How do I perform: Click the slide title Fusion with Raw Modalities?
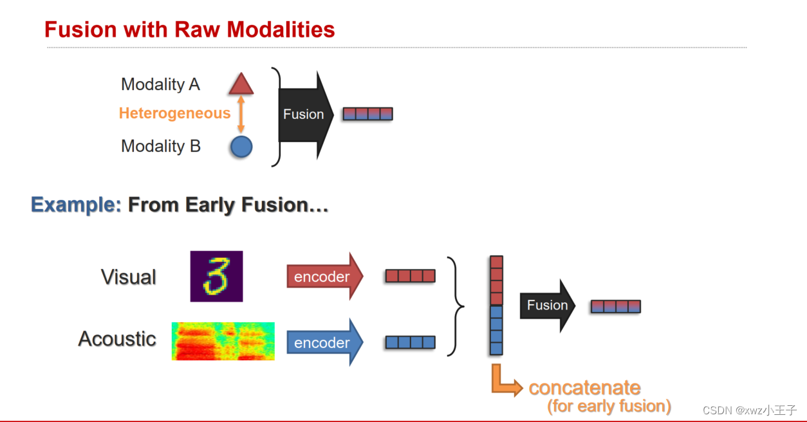click(189, 30)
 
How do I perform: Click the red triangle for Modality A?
click(241, 85)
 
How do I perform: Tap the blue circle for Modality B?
click(241, 147)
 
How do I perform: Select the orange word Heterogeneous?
click(174, 114)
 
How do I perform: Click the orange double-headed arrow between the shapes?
click(241, 115)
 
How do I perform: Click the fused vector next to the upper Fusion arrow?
click(367, 115)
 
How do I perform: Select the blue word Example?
click(76, 205)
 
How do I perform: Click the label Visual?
click(129, 277)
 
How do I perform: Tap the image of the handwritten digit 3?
click(216, 277)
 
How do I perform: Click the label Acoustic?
click(117, 339)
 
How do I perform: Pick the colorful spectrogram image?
click(223, 341)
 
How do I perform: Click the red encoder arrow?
click(324, 277)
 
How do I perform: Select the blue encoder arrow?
click(324, 342)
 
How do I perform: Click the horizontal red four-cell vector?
click(410, 276)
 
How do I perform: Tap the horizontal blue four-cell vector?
click(410, 342)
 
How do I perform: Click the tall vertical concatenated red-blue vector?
click(496, 306)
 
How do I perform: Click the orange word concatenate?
click(584, 388)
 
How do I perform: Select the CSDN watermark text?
click(749, 410)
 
